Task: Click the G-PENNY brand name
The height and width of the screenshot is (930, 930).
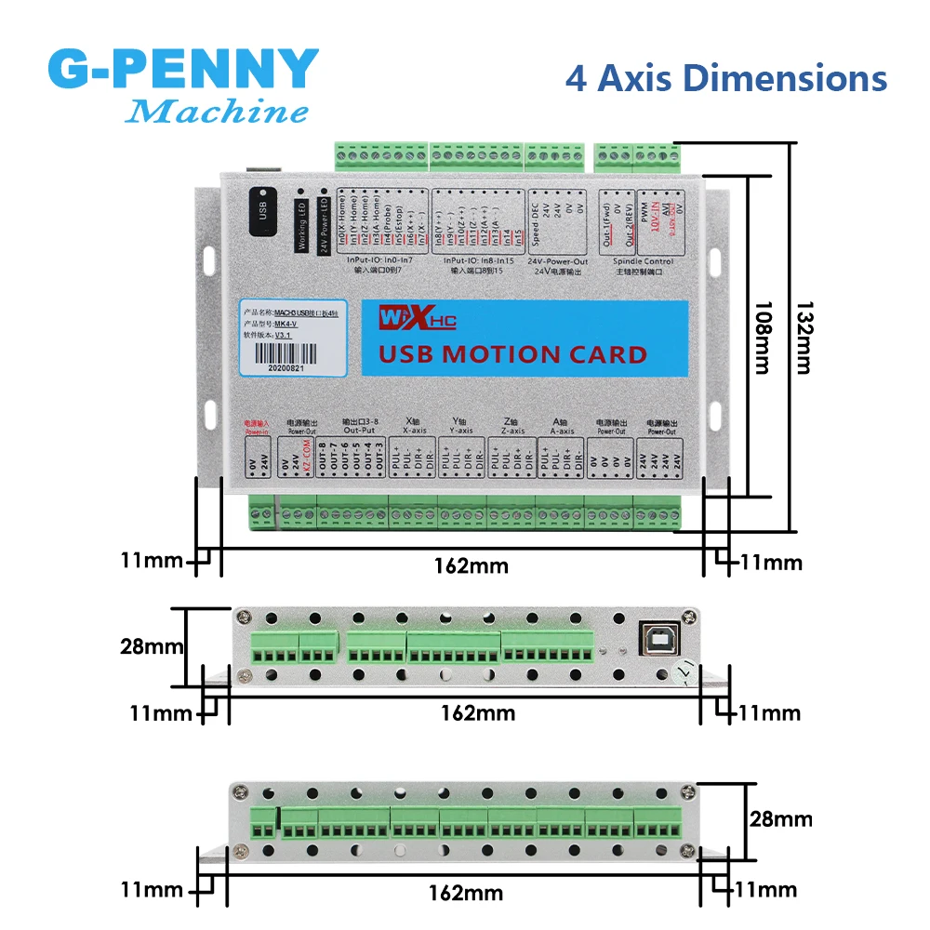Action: coord(182,71)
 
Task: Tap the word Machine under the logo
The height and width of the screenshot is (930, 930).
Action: coord(216,113)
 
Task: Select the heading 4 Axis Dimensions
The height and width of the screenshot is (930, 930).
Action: coord(725,78)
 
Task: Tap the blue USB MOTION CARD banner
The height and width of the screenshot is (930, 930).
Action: coord(511,339)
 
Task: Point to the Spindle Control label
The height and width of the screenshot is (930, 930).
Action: coord(644,263)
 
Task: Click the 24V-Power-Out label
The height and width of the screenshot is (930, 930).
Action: coord(556,263)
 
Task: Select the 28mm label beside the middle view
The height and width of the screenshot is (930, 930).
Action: coord(152,646)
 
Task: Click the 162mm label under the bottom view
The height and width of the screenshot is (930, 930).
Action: coord(465,893)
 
